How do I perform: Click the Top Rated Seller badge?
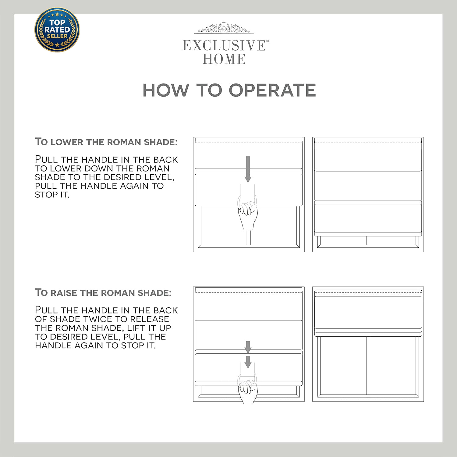point(57,30)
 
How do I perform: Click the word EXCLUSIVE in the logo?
point(224,46)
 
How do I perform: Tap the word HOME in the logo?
point(224,59)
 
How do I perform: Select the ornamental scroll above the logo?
point(224,27)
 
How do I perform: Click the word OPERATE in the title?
point(272,90)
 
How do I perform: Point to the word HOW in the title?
point(166,90)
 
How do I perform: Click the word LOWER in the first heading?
point(67,142)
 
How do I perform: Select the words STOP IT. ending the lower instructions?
point(52,195)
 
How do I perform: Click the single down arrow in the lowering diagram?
point(248,169)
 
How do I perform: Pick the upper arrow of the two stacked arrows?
point(248,347)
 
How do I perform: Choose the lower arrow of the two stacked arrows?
point(248,362)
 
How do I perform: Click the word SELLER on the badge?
point(57,36)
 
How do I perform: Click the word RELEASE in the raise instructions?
point(150,319)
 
